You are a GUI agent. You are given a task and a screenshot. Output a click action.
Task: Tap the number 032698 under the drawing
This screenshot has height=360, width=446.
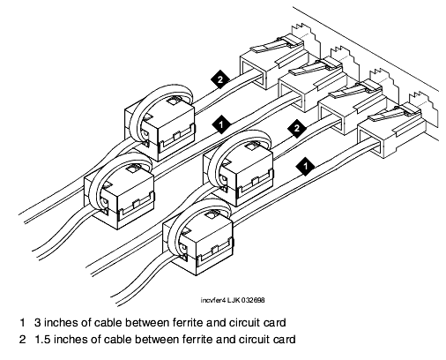pyautogui.click(x=253, y=300)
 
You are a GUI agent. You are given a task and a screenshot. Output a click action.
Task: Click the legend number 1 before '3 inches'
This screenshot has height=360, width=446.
pyautogui.click(x=22, y=323)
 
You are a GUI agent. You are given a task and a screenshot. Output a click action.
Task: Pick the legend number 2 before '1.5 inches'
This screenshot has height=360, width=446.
pyautogui.click(x=23, y=340)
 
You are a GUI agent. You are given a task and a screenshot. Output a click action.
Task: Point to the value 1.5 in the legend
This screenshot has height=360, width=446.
pyautogui.click(x=42, y=340)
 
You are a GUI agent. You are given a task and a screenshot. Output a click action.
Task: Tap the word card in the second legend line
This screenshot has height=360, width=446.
pyautogui.click(x=284, y=340)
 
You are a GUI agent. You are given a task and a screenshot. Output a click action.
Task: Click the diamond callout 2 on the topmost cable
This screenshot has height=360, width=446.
pyautogui.click(x=220, y=79)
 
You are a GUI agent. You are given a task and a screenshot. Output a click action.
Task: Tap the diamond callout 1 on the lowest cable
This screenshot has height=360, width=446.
pyautogui.click(x=305, y=166)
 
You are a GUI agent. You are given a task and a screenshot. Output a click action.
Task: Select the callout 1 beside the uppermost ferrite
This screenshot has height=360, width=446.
pyautogui.click(x=221, y=124)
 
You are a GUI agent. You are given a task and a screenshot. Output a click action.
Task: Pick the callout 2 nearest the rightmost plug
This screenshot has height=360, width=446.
pyautogui.click(x=297, y=129)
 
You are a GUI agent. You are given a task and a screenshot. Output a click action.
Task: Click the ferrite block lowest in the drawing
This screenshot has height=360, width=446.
pyautogui.click(x=199, y=241)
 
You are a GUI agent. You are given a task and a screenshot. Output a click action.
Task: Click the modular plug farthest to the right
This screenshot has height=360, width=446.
pyautogui.click(x=392, y=131)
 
